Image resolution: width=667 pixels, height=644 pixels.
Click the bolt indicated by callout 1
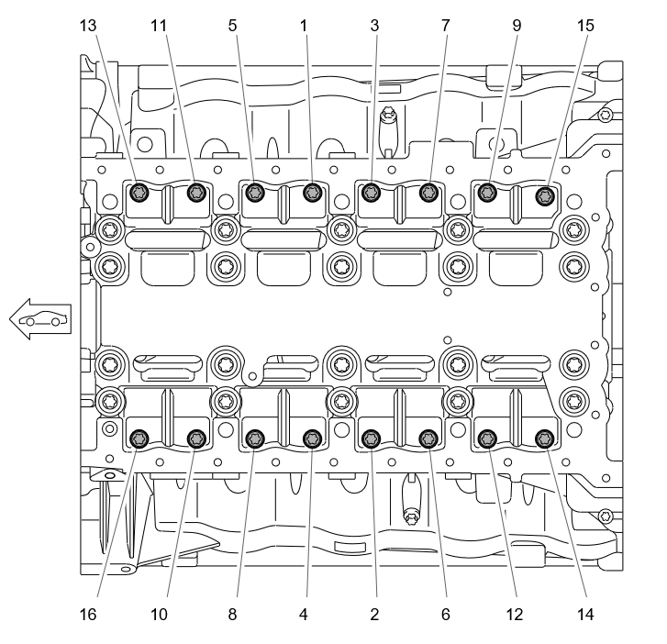(313, 193)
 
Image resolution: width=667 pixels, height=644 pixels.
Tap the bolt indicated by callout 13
(139, 193)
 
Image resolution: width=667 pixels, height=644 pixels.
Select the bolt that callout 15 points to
(545, 196)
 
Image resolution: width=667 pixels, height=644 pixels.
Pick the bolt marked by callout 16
(139, 439)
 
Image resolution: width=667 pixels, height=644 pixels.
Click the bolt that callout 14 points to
(544, 439)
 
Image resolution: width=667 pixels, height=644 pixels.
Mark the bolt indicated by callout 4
(313, 439)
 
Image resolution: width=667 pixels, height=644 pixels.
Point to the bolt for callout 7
(428, 193)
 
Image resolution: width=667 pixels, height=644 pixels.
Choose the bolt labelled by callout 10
(196, 439)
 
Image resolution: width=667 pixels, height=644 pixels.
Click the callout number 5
(232, 26)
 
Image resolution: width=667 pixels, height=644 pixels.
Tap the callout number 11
(159, 26)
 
